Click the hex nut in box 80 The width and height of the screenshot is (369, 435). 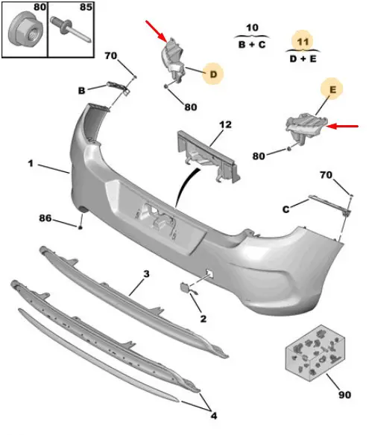[25, 31]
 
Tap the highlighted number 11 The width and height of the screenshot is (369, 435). [303, 42]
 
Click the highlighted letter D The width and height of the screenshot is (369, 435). [213, 74]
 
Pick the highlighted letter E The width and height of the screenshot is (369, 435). [332, 89]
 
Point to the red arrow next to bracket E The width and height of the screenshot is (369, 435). [342, 127]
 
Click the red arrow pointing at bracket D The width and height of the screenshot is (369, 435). [157, 31]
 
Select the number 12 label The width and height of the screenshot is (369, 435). [225, 124]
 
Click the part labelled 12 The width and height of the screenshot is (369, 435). [209, 157]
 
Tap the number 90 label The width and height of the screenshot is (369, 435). [344, 394]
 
